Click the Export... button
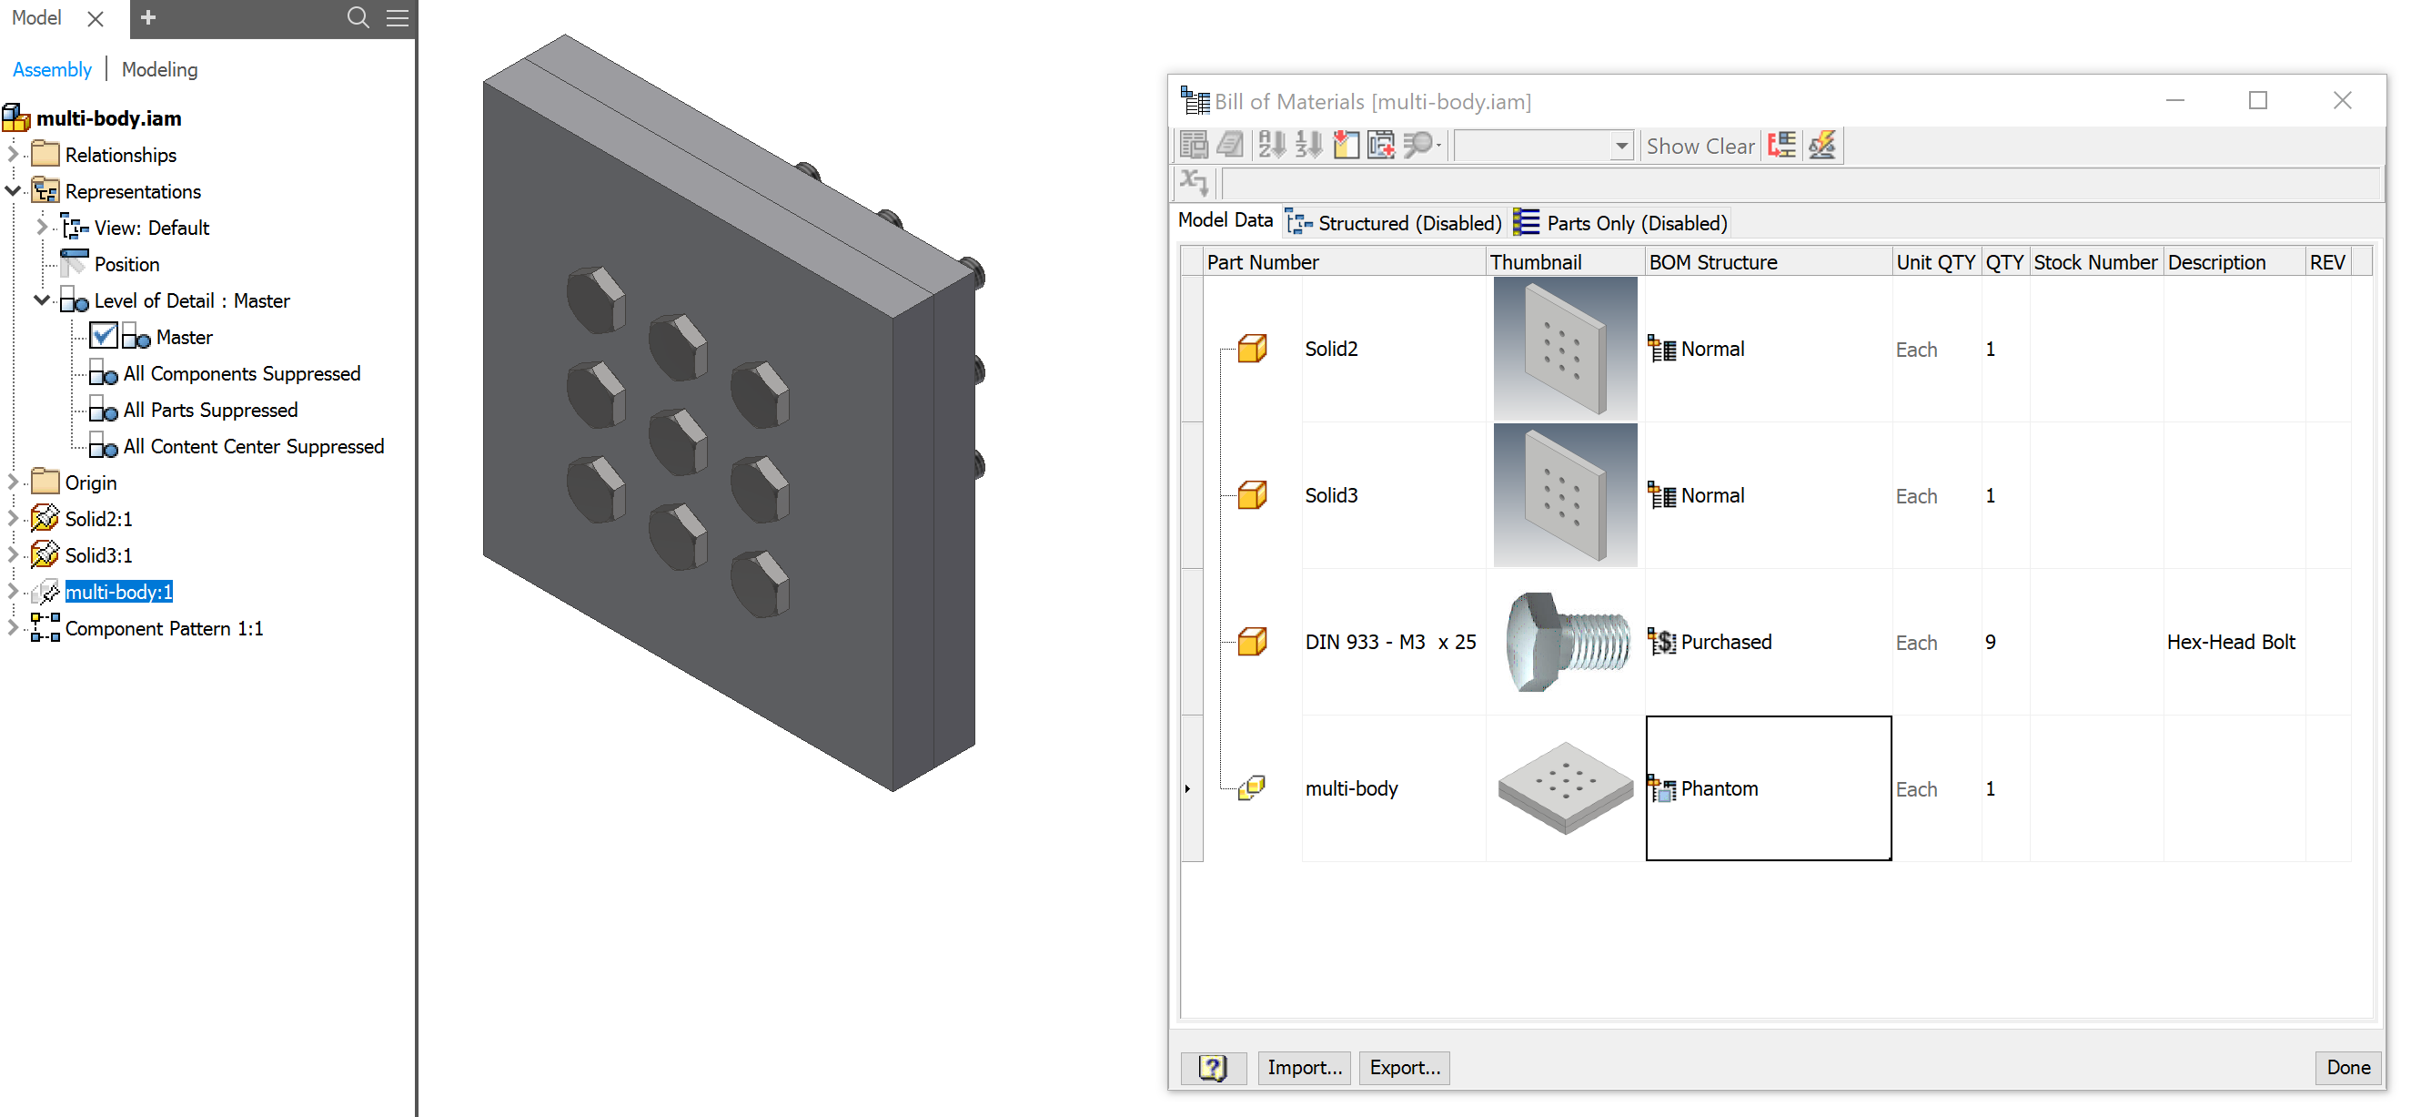(x=1404, y=1067)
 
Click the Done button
(x=2347, y=1067)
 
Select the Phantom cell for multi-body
(x=1767, y=788)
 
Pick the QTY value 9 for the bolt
(x=1991, y=643)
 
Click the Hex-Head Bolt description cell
(x=2230, y=643)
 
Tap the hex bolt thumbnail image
(x=1565, y=643)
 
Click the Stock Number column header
(x=2094, y=262)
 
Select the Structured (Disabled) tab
(x=1396, y=223)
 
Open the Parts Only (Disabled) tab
(x=1621, y=223)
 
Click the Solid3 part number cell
(x=1331, y=495)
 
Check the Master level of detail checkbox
(x=104, y=336)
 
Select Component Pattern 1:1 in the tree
(x=164, y=628)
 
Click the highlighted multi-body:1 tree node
(x=119, y=592)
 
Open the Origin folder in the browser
(x=90, y=482)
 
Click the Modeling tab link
(x=159, y=69)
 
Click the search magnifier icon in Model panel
(x=358, y=18)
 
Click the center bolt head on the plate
(x=678, y=440)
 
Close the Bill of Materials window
(x=2342, y=100)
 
